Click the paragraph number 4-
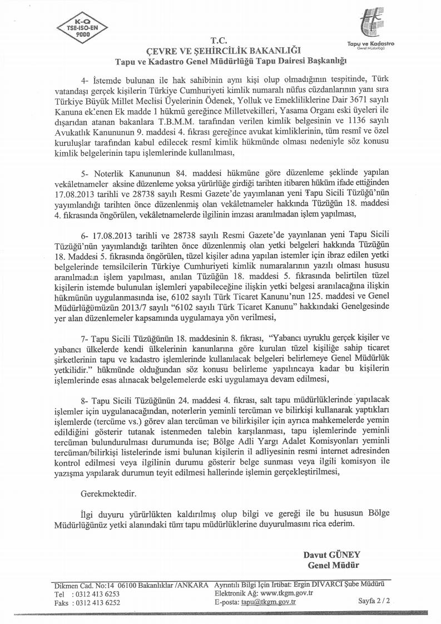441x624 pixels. tap(85, 80)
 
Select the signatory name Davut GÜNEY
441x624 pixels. tap(332, 555)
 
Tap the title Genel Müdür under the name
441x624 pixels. tap(333, 565)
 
